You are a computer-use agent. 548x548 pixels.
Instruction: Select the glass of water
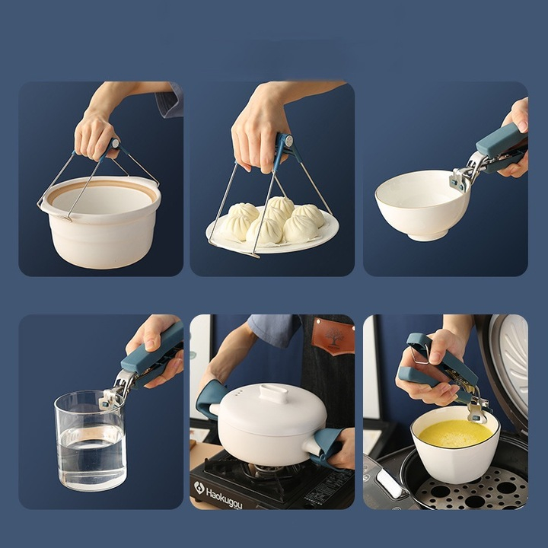click(90, 441)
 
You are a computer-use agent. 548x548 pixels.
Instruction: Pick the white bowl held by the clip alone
click(422, 205)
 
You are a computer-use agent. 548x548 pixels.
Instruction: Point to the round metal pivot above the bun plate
click(288, 141)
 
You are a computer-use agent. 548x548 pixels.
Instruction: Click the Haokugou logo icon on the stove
click(199, 488)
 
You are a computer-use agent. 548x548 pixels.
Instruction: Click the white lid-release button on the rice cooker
click(390, 483)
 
